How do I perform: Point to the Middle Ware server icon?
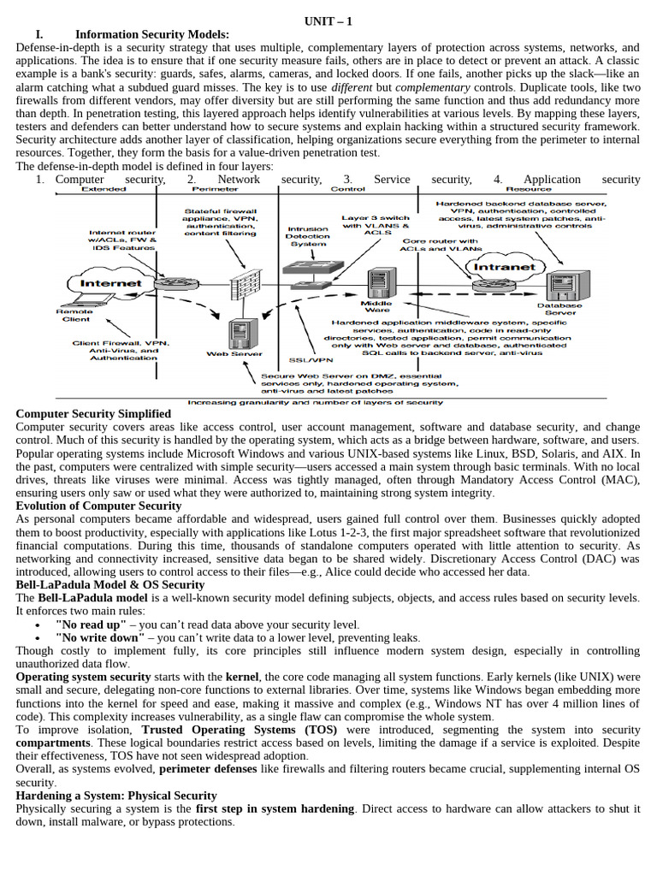coord(377,282)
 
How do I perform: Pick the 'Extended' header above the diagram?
coord(103,189)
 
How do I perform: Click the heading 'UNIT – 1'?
coord(328,21)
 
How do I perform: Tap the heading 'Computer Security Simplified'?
coord(93,414)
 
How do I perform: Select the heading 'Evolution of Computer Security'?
coord(98,506)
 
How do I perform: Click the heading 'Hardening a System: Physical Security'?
coord(116,796)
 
